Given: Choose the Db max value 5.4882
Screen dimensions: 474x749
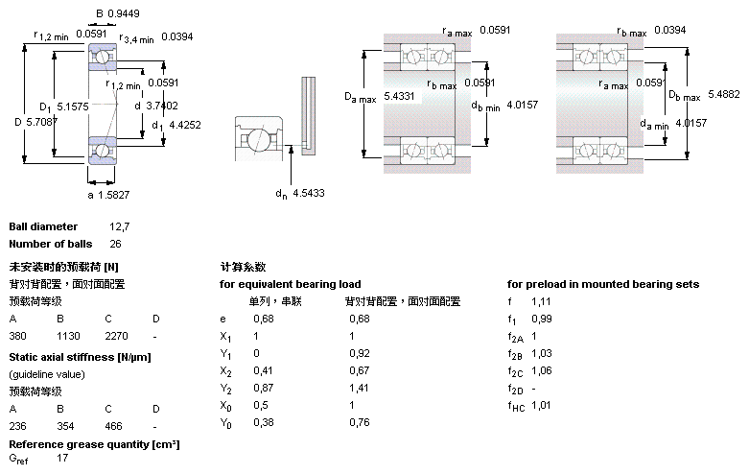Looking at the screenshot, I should point(724,93).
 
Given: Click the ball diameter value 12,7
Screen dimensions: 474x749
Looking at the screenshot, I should point(120,227).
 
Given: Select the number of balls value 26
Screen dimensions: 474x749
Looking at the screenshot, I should point(115,245).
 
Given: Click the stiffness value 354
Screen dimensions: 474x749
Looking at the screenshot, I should point(65,424).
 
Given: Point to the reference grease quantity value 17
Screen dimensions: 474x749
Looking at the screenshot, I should point(63,459).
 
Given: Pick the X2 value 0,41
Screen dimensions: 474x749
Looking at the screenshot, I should point(262,370).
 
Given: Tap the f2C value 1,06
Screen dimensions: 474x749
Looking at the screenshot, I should point(542,370).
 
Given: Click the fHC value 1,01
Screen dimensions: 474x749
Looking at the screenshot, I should point(542,405).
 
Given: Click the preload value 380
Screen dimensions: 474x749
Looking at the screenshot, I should point(18,337).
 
